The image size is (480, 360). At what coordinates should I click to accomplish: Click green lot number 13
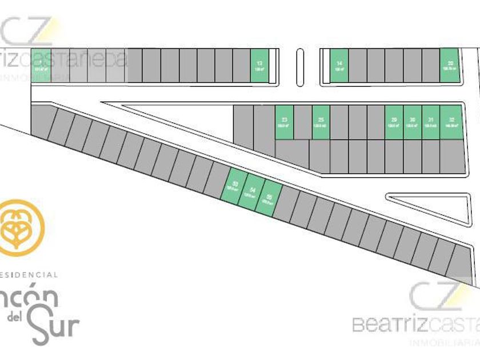pyautogui.click(x=259, y=66)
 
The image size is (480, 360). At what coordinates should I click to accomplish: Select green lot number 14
pyautogui.click(x=339, y=66)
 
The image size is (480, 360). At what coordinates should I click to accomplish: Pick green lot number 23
pyautogui.click(x=284, y=122)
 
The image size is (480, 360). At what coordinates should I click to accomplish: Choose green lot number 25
pyautogui.click(x=321, y=122)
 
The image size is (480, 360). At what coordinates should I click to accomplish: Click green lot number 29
pyautogui.click(x=394, y=122)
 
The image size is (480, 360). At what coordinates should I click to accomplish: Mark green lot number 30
pyautogui.click(x=412, y=122)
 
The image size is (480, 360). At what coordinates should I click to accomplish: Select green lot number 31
pyautogui.click(x=430, y=122)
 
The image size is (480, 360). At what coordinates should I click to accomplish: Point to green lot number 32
pyautogui.click(x=450, y=122)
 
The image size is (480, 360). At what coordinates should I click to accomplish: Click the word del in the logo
pyautogui.click(x=14, y=318)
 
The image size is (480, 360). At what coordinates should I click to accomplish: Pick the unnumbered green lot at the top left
pyautogui.click(x=40, y=66)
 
